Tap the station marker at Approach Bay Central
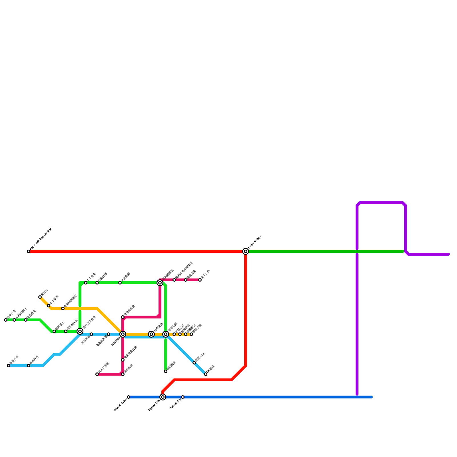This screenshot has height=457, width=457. (x=29, y=251)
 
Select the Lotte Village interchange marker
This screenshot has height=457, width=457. (x=246, y=251)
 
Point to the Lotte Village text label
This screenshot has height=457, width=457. (x=255, y=242)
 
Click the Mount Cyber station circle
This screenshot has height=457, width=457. (x=129, y=397)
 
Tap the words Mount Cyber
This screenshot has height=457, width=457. (x=121, y=405)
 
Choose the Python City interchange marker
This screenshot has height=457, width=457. (x=163, y=397)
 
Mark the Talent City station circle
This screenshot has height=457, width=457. (x=183, y=397)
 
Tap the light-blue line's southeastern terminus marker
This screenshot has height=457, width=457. (x=206, y=374)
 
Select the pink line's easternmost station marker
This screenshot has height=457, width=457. (x=200, y=280)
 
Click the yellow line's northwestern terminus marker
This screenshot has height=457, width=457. (x=40, y=297)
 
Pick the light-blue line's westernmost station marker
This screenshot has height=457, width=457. (x=9, y=366)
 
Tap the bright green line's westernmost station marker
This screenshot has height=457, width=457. (x=6, y=320)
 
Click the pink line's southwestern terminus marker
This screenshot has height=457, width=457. (x=97, y=374)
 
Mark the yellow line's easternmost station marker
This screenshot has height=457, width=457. (x=191, y=334)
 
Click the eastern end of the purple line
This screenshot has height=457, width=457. (x=449, y=254)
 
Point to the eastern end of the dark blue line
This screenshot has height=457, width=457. (x=372, y=397)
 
